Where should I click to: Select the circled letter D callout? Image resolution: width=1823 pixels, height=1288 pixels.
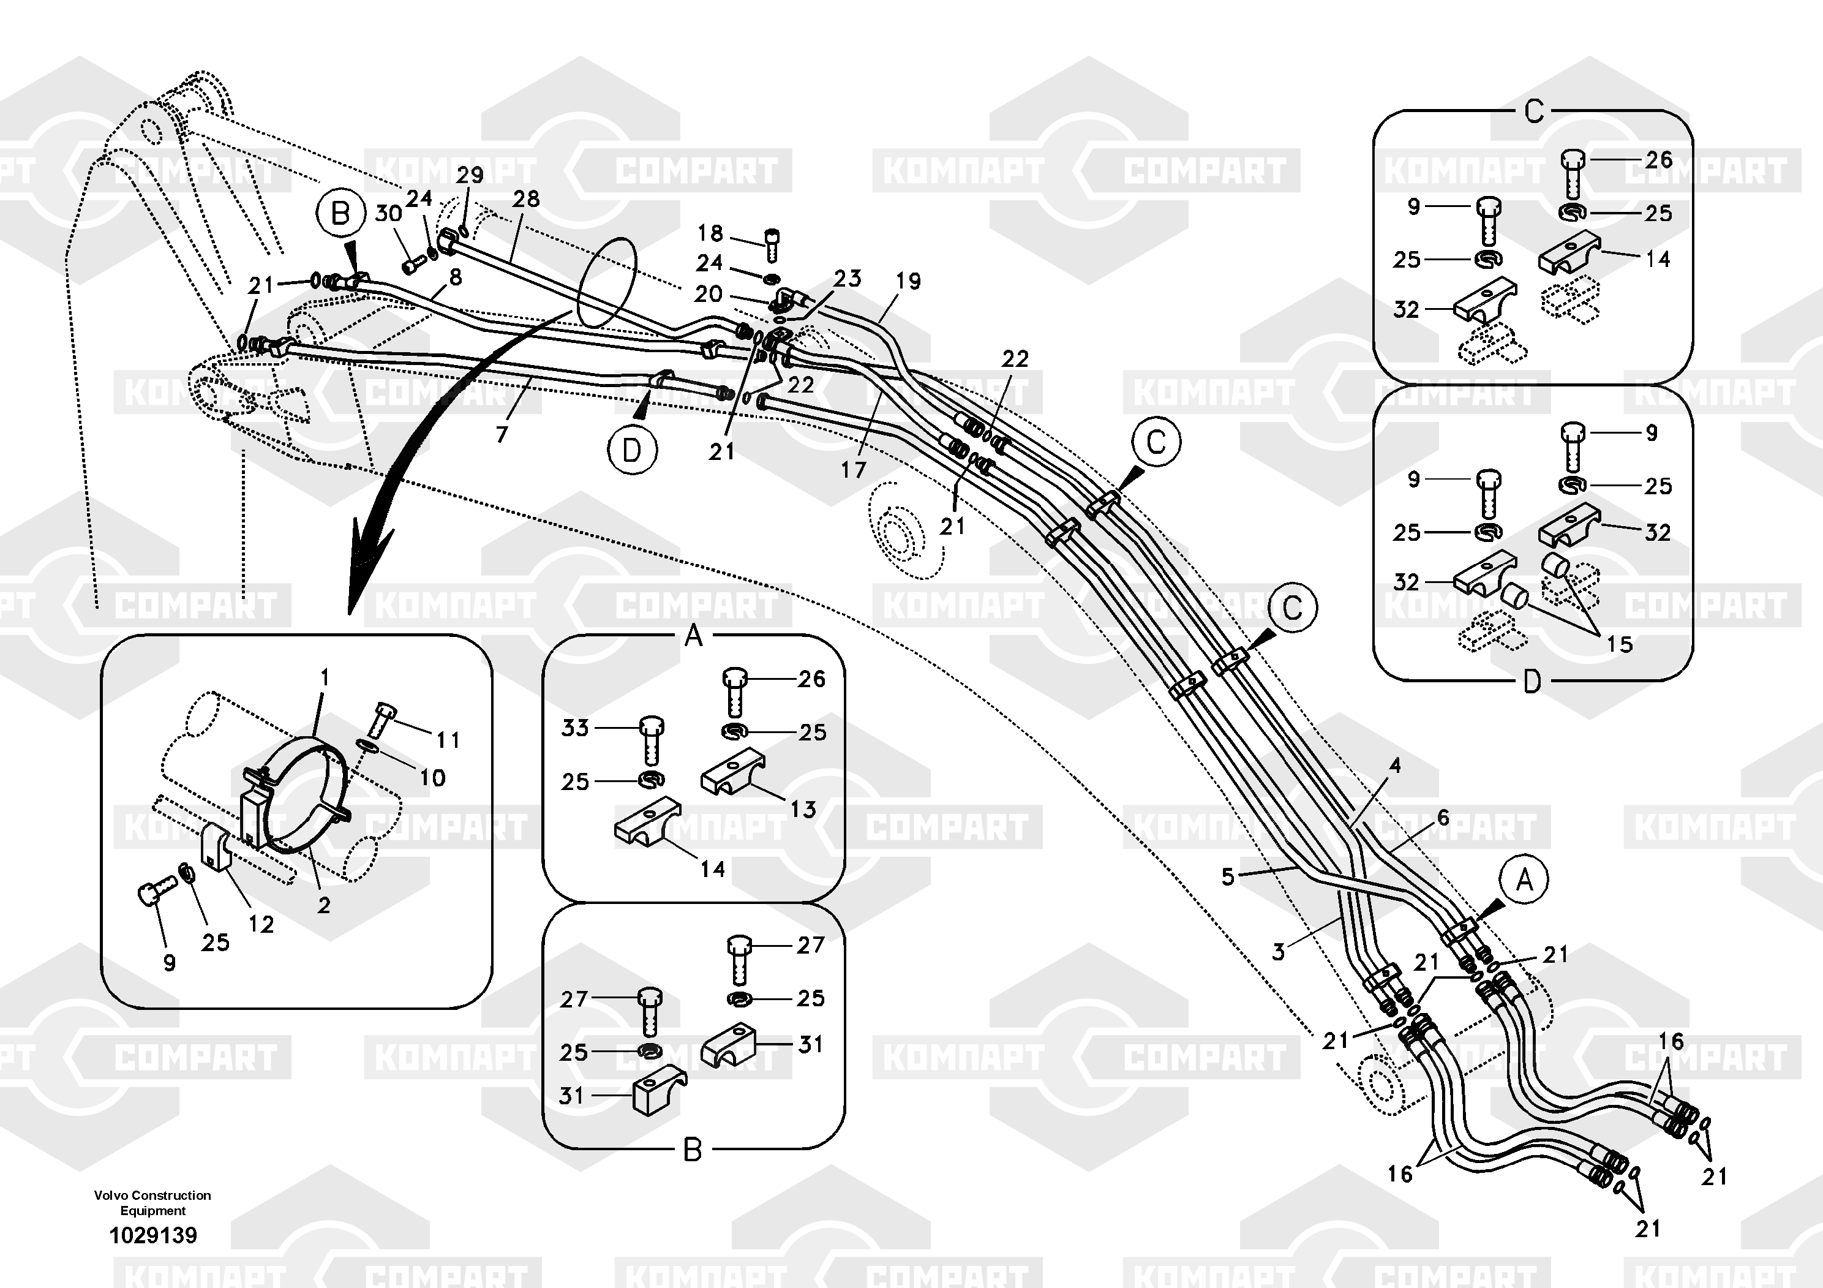(631, 450)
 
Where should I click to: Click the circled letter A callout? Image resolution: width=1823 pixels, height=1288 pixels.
(1524, 880)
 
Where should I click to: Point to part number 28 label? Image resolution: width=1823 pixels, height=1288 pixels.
(525, 198)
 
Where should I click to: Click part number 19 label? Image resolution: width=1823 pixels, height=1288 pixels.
(908, 281)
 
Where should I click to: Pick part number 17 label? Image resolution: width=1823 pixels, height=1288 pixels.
(854, 470)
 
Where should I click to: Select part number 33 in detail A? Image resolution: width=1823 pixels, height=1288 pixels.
(575, 728)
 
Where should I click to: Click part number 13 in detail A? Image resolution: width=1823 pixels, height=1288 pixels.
(803, 809)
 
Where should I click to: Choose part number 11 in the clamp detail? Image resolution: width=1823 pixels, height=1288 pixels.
(448, 740)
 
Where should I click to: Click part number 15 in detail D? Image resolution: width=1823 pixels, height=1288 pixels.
(1620, 644)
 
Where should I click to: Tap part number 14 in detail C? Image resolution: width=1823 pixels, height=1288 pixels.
(1658, 259)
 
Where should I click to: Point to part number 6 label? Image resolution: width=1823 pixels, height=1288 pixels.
(1443, 817)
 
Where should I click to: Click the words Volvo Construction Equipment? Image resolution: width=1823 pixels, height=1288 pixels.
(152, 1202)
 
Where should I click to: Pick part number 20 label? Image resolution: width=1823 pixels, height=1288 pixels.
(709, 294)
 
